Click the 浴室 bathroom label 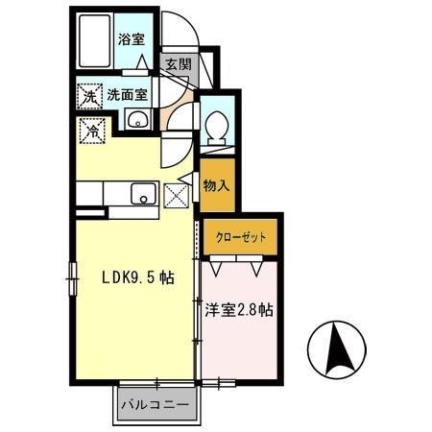point(131,39)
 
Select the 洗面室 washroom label point(127,95)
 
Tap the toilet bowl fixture point(217,125)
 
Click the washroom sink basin point(137,120)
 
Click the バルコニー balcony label point(155,404)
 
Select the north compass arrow point(337,351)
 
